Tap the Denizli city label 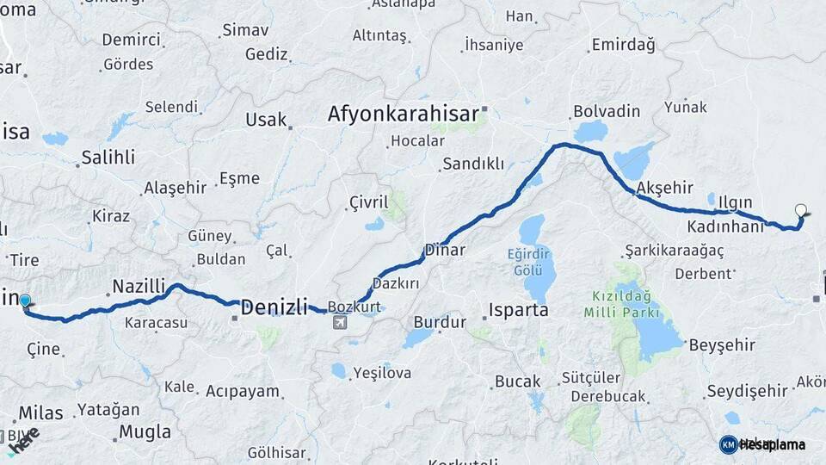tap(274, 306)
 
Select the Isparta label tap(518, 310)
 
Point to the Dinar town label tap(444, 251)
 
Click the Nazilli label tap(138, 286)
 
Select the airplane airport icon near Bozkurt tap(341, 323)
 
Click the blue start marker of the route tap(25, 301)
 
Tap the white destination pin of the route tap(802, 209)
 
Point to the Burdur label tap(440, 323)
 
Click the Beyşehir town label tap(722, 345)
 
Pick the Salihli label tap(108, 158)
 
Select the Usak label tap(266, 120)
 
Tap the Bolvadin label tap(607, 111)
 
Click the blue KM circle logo tap(728, 444)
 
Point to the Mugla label tap(145, 431)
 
